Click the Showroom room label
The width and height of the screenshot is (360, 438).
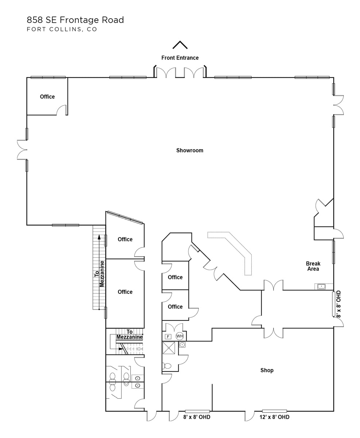(190, 150)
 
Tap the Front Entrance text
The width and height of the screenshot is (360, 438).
(180, 58)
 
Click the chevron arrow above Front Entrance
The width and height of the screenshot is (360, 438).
(180, 45)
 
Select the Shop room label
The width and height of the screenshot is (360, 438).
(267, 370)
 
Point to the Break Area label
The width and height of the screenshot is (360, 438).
(313, 266)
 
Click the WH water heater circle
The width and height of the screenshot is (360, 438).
(179, 336)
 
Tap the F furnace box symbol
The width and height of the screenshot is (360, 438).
(168, 337)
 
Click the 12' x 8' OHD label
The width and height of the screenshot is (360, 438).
(274, 417)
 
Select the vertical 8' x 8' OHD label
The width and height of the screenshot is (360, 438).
(338, 304)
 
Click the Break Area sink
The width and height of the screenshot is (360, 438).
(321, 287)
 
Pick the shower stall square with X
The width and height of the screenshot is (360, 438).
(169, 348)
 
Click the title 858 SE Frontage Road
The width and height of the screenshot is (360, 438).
(75, 20)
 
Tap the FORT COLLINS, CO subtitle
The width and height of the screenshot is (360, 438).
(62, 29)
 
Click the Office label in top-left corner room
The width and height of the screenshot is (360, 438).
(47, 97)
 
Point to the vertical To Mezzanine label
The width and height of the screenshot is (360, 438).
(99, 274)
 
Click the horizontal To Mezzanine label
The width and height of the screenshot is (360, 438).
(129, 335)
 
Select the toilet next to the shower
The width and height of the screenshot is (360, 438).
(167, 366)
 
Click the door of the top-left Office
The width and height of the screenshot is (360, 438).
(62, 110)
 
